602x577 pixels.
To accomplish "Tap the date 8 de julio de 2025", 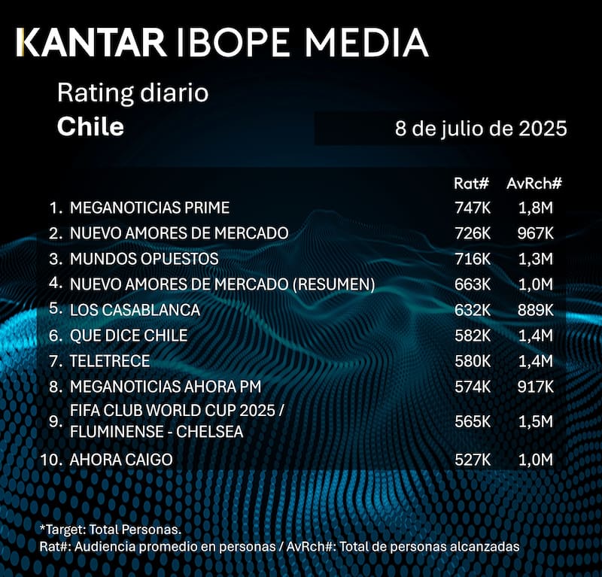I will pos(480,129).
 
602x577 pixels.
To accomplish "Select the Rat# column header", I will pos(472,183).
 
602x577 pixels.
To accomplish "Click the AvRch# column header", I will pos(534,183).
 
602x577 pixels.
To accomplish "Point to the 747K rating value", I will pos(472,207).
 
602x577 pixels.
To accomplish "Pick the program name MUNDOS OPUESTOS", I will pos(144,259).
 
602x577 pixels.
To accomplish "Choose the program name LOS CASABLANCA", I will pos(135,310).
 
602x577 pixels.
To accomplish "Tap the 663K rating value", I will pos(472,284).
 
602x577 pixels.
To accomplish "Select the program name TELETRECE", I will pos(110,361).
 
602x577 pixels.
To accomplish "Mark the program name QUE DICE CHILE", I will pos(129,336).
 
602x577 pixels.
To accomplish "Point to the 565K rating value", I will pos(472,422).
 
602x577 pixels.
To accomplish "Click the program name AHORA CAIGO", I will pos(121,460).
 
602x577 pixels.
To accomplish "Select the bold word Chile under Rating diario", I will pos(90,126).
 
